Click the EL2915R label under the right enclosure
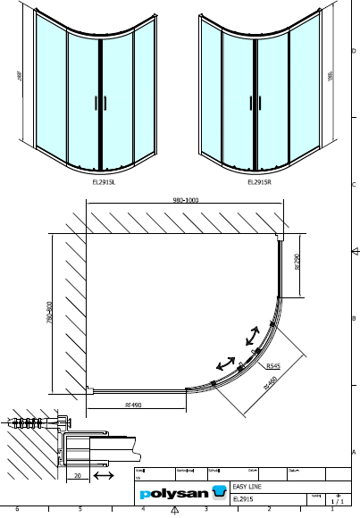pos(259,181)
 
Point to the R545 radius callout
pos(273,366)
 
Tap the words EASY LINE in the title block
pos(247,486)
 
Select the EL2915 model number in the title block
pos(243,500)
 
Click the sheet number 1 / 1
pos(336,501)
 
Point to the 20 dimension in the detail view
pos(79,477)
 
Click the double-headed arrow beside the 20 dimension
pos(103,477)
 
